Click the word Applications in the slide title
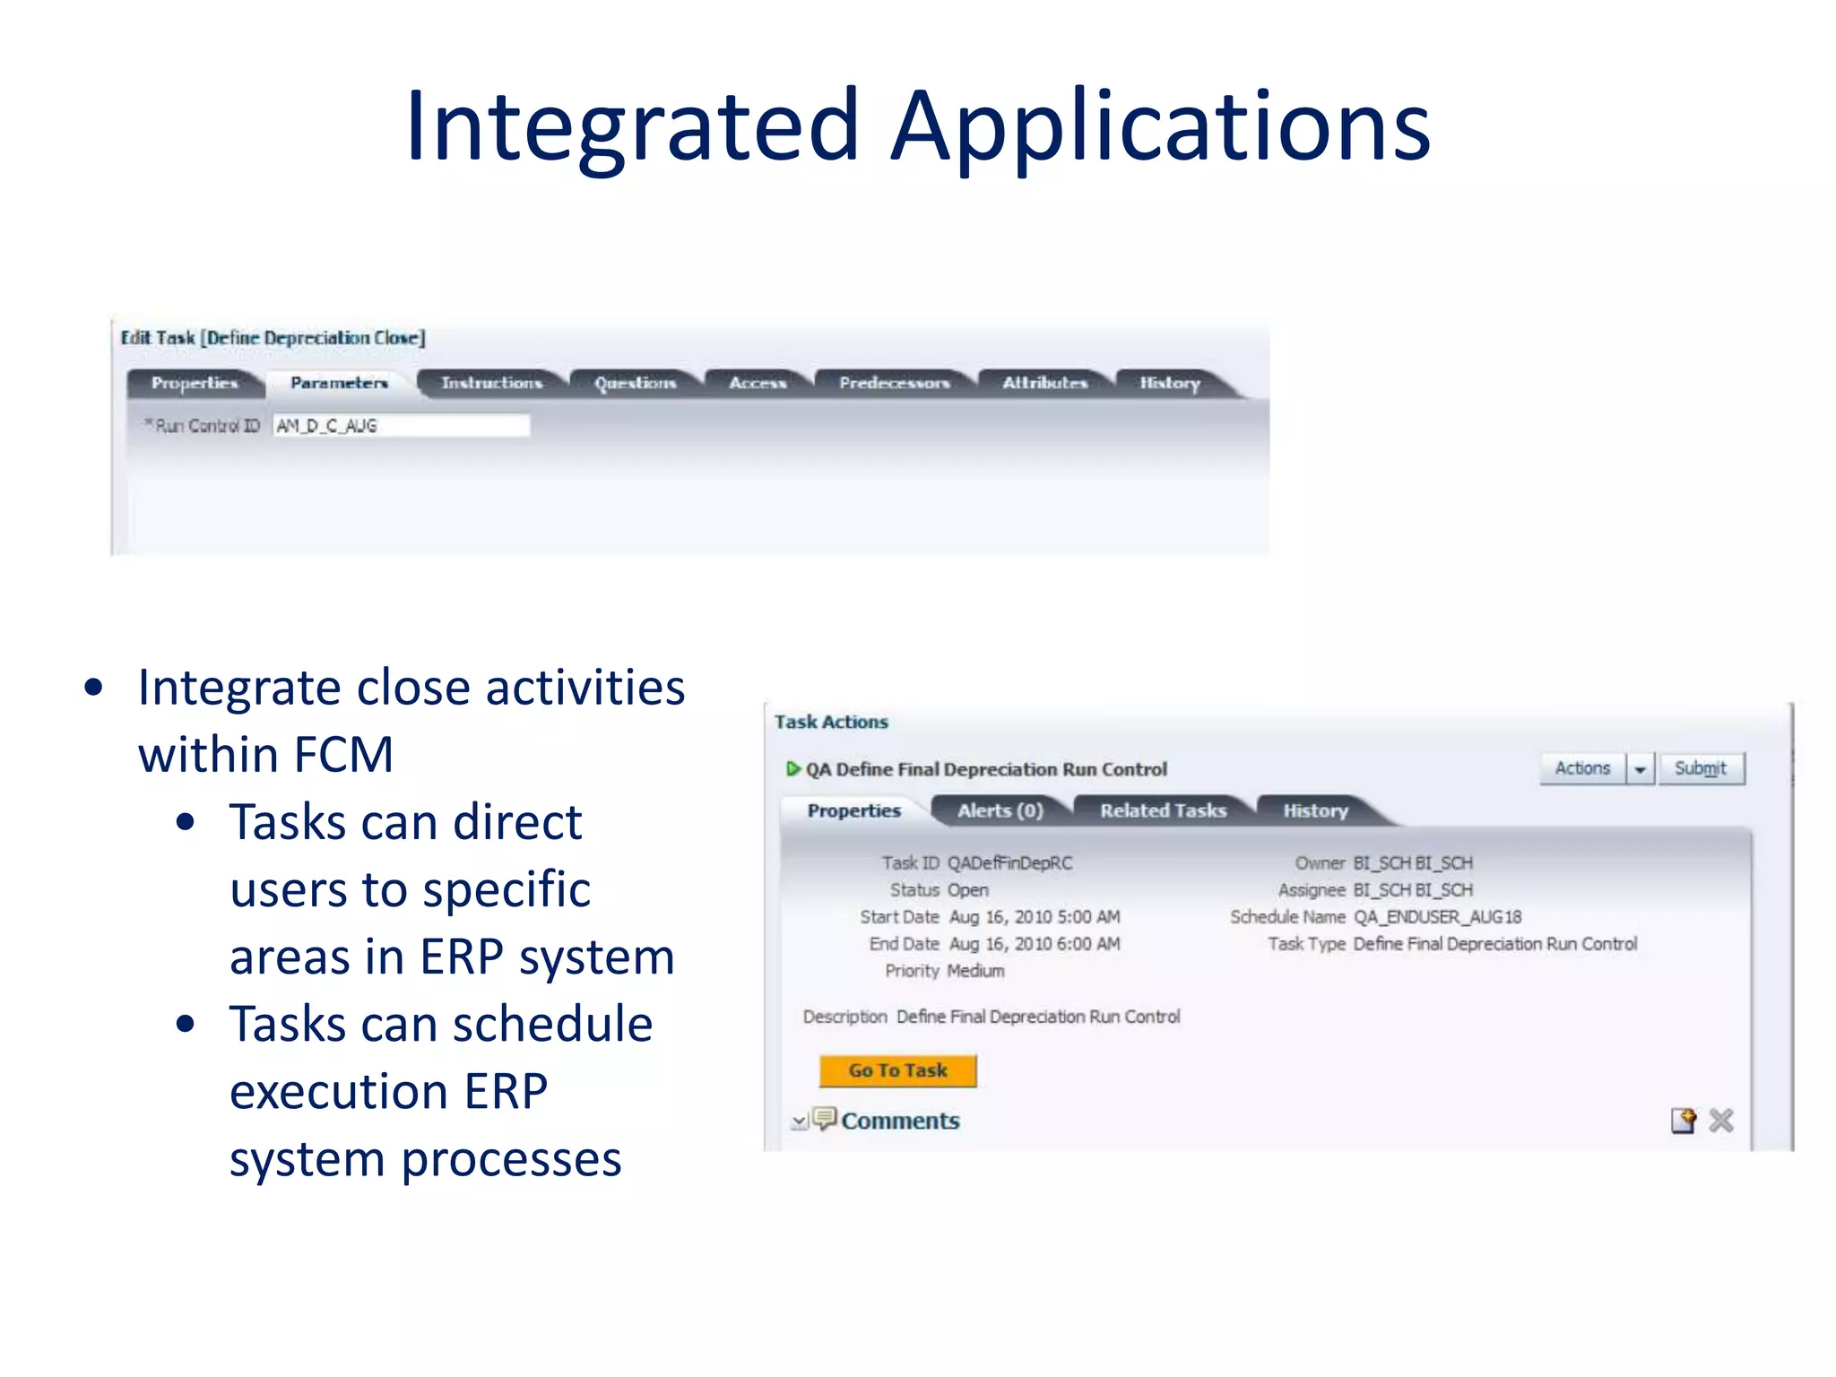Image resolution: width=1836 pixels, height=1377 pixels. click(1160, 127)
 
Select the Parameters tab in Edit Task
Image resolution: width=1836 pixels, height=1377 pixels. click(339, 383)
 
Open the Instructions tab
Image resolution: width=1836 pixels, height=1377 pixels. click(491, 383)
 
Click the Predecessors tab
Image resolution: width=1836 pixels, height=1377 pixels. click(894, 383)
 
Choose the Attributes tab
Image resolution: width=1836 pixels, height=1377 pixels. click(1044, 383)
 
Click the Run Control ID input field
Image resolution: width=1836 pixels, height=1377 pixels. click(401, 426)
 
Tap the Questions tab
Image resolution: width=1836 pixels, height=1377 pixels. click(635, 383)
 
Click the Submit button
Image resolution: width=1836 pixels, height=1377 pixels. click(1700, 768)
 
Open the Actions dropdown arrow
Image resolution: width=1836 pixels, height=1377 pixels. click(1640, 769)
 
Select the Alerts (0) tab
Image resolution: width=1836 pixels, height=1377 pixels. click(1000, 810)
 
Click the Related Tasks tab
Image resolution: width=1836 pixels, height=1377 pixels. click(1163, 810)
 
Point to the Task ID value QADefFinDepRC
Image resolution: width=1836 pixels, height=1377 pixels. click(1009, 863)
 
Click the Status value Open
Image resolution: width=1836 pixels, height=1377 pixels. click(968, 890)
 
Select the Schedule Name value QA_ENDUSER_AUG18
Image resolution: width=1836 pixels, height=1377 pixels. click(1437, 917)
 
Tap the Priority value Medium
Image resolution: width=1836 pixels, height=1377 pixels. click(975, 971)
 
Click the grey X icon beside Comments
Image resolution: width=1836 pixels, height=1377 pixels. click(1720, 1121)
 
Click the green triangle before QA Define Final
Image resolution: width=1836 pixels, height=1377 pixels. click(792, 768)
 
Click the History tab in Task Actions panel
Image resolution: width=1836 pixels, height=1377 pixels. click(1315, 810)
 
